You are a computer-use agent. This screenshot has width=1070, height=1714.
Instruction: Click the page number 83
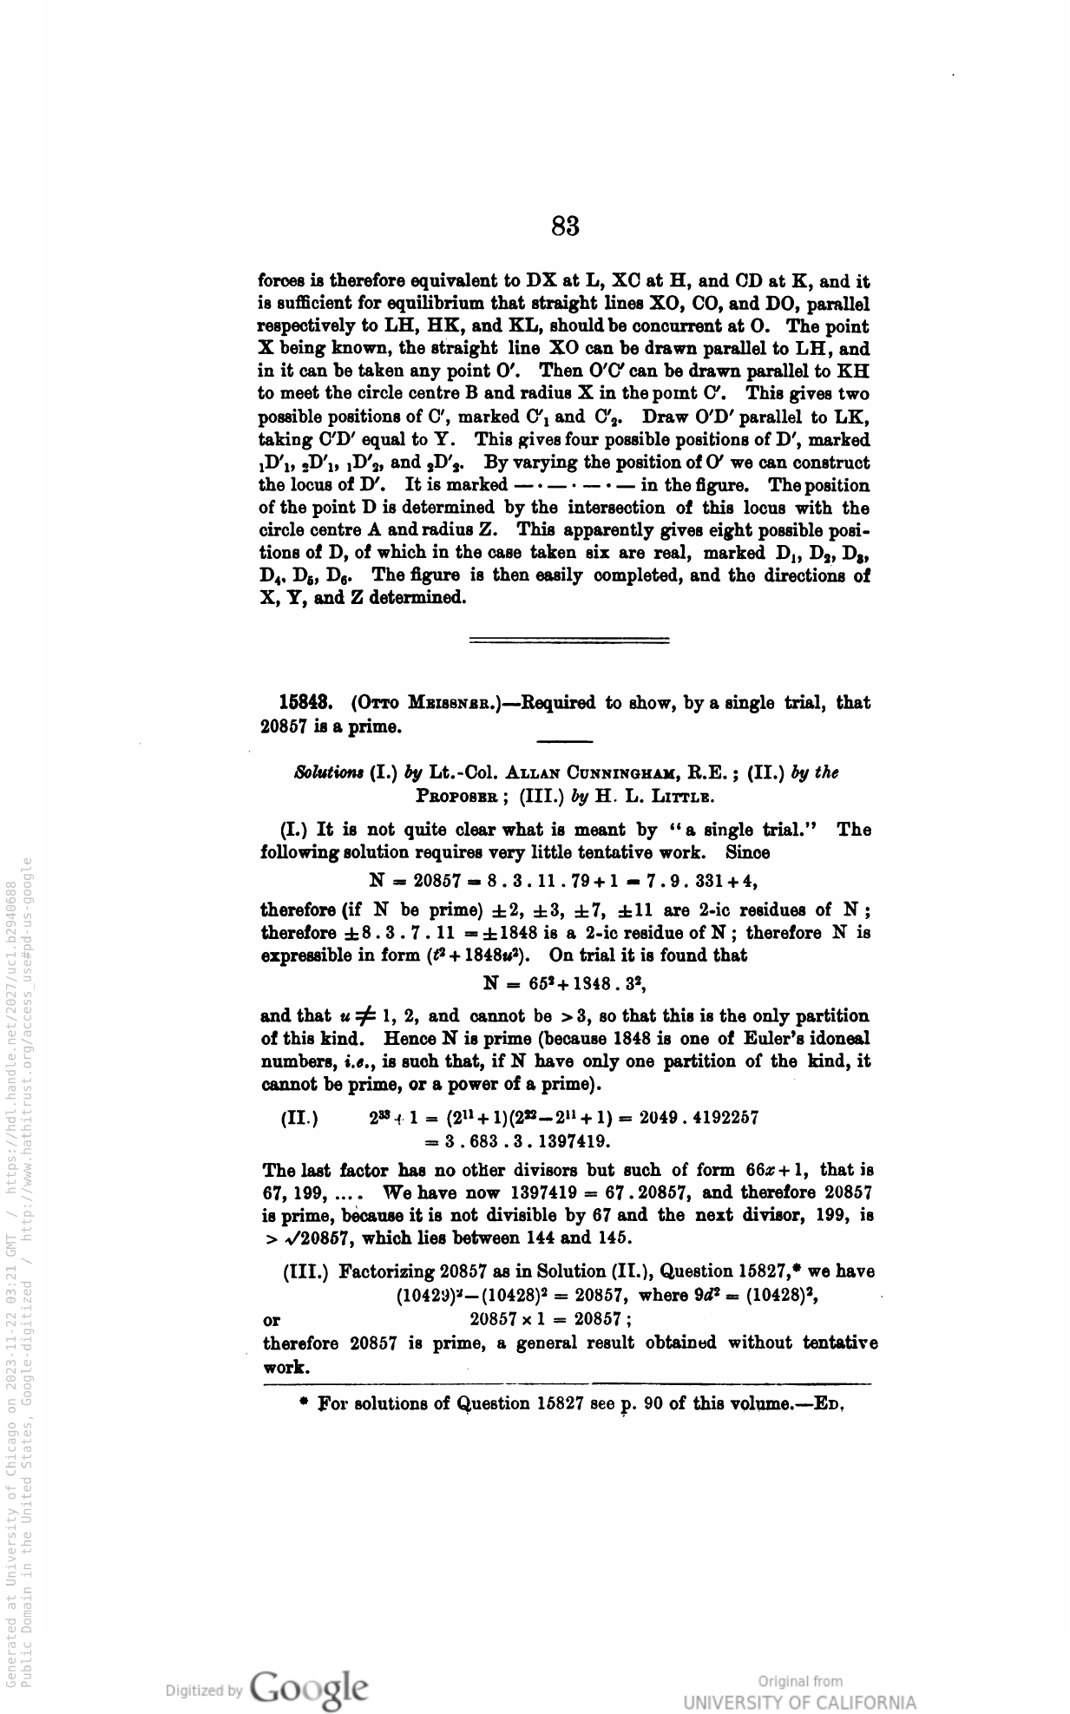(x=565, y=227)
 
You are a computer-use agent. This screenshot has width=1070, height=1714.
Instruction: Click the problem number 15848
(x=301, y=702)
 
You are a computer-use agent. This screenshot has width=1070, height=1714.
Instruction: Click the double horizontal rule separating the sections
(x=568, y=641)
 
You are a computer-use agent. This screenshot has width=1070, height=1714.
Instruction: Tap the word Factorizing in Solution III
(x=387, y=1272)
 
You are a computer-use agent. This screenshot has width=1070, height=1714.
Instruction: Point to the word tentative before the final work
(x=840, y=1343)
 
